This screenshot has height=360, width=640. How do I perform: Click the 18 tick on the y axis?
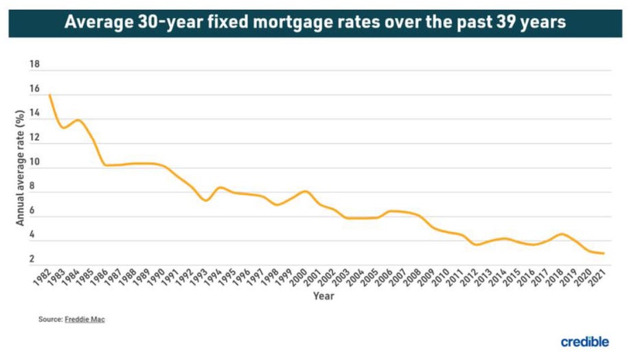click(x=34, y=65)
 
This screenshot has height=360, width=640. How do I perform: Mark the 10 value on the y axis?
click(x=34, y=163)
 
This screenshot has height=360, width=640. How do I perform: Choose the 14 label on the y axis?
click(x=34, y=114)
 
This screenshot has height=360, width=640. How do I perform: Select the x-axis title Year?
click(x=323, y=296)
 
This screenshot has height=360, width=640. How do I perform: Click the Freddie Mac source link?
click(x=85, y=319)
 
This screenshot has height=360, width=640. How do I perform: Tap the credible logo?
click(x=584, y=341)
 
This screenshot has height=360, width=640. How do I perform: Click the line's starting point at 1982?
click(x=49, y=95)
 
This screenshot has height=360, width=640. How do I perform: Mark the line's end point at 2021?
click(x=604, y=254)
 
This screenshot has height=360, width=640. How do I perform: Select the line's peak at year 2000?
click(x=305, y=191)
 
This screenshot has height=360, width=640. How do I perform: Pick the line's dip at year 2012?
click(x=476, y=245)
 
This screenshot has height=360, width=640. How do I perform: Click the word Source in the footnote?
click(x=49, y=319)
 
